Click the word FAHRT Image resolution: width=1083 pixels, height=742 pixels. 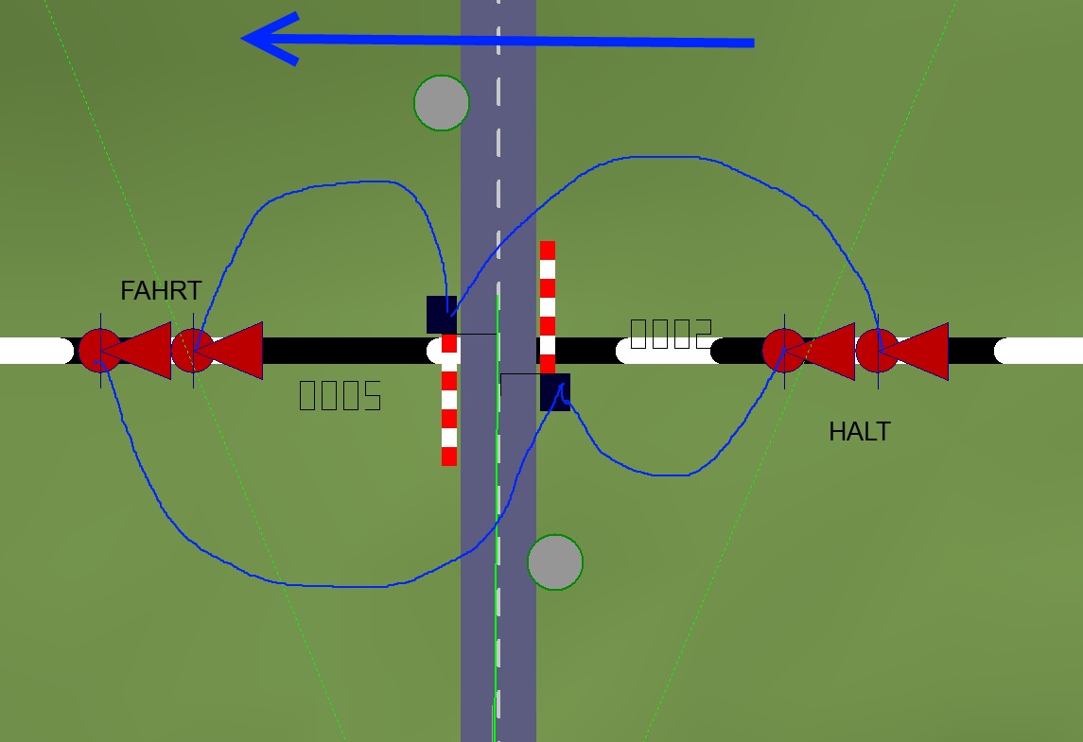point(161,290)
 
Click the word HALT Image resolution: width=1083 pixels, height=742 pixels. point(859,432)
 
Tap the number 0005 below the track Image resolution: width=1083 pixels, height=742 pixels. point(341,395)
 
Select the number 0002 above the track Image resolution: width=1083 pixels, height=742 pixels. point(671,333)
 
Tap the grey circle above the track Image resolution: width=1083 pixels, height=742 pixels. point(442,102)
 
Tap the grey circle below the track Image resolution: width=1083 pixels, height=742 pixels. point(555,562)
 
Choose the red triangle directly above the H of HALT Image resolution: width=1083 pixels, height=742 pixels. point(829,351)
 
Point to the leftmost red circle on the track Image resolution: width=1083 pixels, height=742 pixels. point(98,351)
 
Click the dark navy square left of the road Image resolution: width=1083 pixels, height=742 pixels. point(442,315)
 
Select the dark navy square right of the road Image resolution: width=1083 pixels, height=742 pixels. point(555,391)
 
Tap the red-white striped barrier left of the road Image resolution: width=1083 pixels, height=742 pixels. point(449,406)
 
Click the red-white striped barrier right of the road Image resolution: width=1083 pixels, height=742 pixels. point(548,302)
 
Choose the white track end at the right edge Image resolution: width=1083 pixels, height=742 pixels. point(1040,351)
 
